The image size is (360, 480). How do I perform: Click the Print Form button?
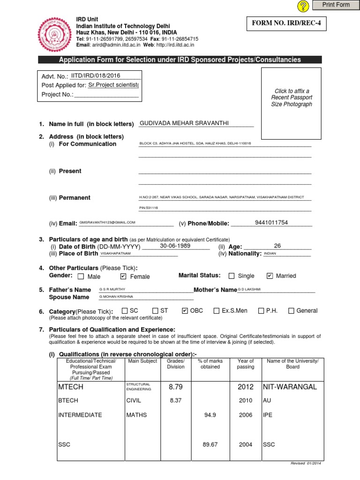(336, 5)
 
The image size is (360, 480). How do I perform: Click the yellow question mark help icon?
(304, 6)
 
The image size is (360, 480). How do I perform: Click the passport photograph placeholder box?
(291, 103)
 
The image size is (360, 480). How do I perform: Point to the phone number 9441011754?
(271, 223)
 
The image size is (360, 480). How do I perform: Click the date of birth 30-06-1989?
(176, 246)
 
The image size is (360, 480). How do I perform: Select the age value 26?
(277, 246)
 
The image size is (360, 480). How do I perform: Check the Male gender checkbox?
(81, 277)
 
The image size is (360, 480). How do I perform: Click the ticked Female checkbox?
(123, 276)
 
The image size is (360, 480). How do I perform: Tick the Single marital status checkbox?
(232, 276)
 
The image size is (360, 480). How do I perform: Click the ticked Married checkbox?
(270, 276)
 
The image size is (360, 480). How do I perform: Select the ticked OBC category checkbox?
(184, 310)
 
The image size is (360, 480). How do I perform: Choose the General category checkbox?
(291, 310)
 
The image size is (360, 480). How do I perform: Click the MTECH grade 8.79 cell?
(175, 387)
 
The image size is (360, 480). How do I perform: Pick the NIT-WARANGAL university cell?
(290, 387)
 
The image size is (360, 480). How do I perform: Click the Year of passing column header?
(246, 364)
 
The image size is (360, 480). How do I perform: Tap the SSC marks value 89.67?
(210, 444)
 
